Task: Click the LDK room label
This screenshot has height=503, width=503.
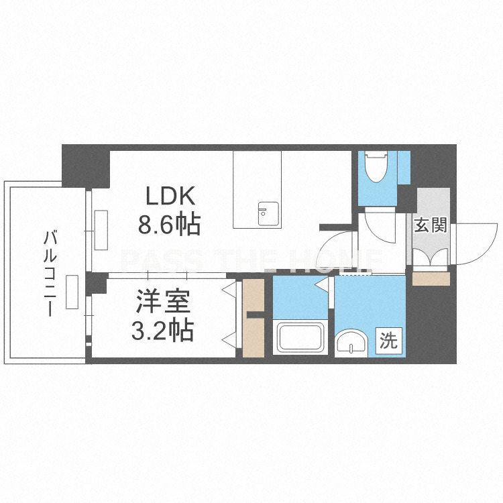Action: pos(170,196)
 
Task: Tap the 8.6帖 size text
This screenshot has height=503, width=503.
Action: pos(170,224)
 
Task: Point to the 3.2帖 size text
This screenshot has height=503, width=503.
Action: pos(163,329)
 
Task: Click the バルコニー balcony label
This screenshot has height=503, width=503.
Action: pos(50,273)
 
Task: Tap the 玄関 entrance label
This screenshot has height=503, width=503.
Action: pos(431,225)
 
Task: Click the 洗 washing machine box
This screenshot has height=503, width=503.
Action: pos(389,341)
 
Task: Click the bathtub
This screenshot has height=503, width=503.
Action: pos(300,337)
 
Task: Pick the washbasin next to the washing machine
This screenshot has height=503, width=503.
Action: pos(351,343)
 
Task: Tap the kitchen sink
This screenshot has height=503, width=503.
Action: pos(268,214)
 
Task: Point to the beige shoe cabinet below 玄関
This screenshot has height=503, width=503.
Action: pos(431,279)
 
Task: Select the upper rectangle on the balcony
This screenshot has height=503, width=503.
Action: pos(101,230)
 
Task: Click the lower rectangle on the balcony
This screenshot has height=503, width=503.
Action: pos(72,292)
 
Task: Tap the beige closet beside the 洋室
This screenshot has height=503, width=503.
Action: pos(253,318)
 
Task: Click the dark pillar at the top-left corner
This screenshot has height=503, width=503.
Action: pos(86,166)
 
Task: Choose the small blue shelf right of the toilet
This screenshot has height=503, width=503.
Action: pos(404,167)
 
